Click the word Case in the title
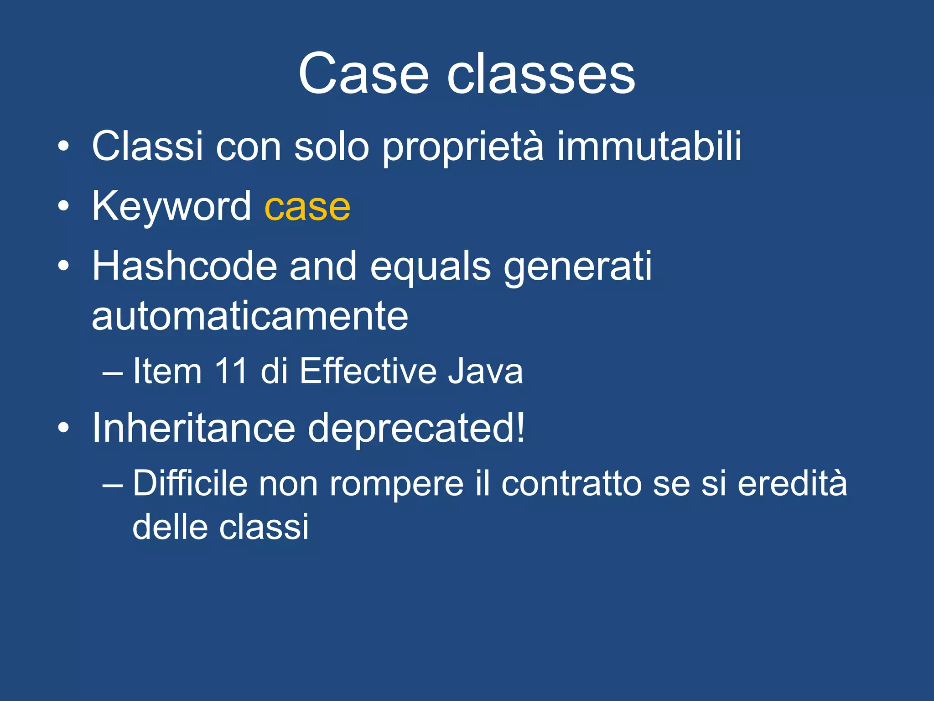pyautogui.click(x=363, y=74)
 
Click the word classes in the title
pyautogui.click(x=541, y=74)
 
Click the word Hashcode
pyautogui.click(x=185, y=267)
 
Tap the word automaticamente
pyautogui.click(x=250, y=317)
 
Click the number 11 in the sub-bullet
pyautogui.click(x=231, y=371)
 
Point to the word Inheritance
pyautogui.click(x=194, y=429)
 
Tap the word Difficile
pyautogui.click(x=190, y=483)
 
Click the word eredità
pyautogui.click(x=792, y=483)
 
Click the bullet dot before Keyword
pyautogui.click(x=63, y=207)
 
